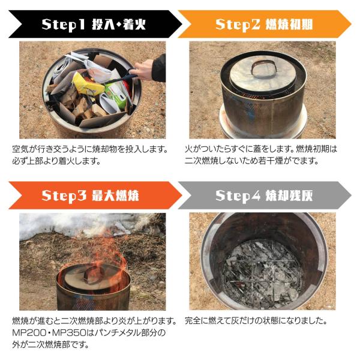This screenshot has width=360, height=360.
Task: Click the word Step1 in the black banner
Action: pos(64,25)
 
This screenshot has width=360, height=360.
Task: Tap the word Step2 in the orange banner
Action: pos(238,25)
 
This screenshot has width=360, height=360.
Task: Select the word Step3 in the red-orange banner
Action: pos(64,196)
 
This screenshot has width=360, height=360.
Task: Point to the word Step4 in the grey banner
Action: pos(238,196)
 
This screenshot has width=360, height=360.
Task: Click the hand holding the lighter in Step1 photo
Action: pos(144,70)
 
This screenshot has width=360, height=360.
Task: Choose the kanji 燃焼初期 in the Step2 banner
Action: pos(289,25)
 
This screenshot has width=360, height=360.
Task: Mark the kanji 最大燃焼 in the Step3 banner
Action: pos(115,196)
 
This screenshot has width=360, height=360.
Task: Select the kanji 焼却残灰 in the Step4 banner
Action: pos(289,196)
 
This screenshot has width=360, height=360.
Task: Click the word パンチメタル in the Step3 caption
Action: pos(118,333)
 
